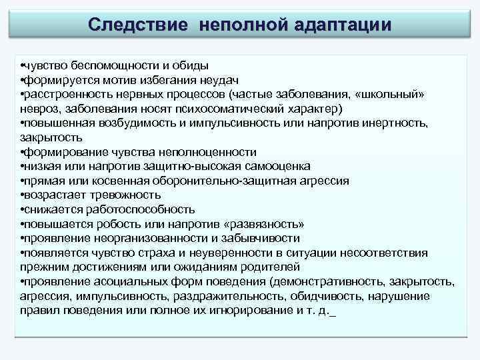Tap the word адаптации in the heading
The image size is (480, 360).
pos(342,24)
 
